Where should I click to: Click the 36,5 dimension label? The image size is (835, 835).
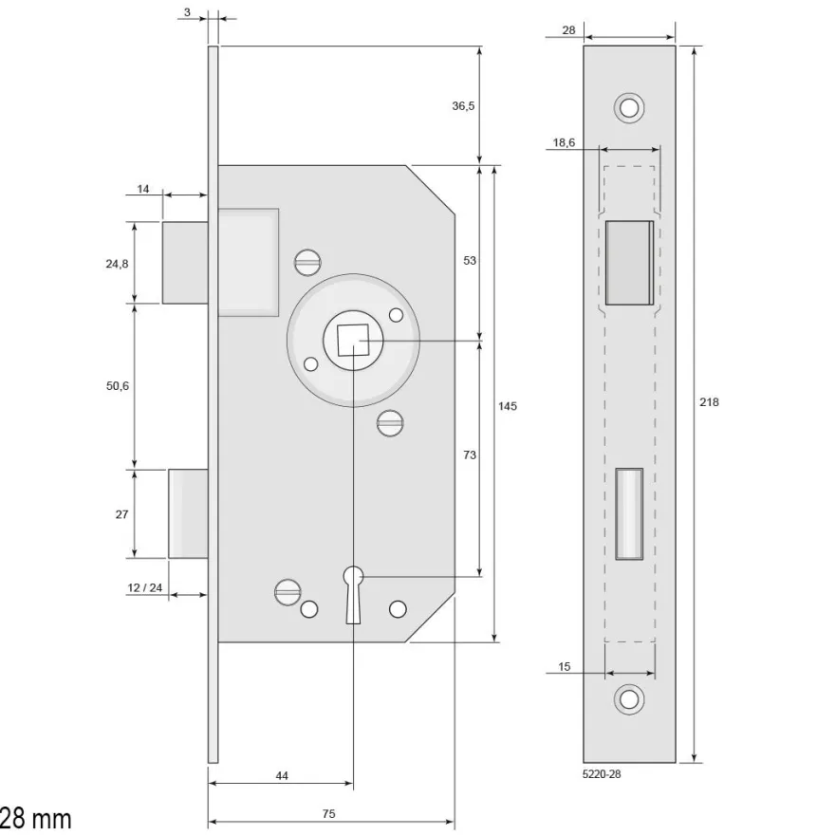463,106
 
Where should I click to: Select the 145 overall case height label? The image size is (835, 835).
507,406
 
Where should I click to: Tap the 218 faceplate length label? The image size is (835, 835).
709,402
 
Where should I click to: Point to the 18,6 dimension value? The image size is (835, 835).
564,142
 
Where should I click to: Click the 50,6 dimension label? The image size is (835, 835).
117,386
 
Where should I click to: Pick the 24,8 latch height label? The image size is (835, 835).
117,264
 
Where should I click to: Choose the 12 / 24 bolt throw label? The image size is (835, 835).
145,588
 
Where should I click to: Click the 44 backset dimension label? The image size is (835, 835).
282,776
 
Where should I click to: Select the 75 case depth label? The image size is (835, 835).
328,814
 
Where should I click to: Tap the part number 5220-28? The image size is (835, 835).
602,774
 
